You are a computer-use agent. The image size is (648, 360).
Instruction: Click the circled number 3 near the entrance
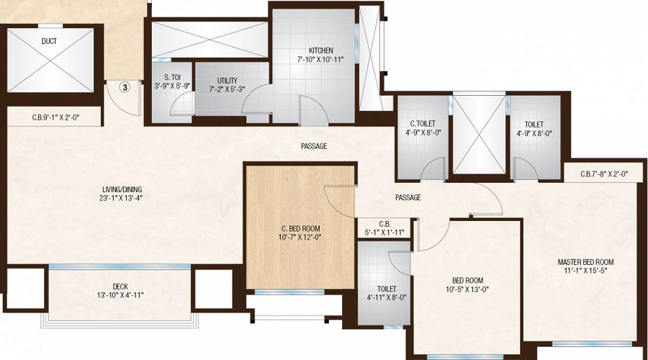coord(125,88)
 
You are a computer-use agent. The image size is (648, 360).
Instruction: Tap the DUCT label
coord(49,41)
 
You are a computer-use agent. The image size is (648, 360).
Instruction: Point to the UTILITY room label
coord(222,81)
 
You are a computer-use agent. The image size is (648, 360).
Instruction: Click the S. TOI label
coord(171,77)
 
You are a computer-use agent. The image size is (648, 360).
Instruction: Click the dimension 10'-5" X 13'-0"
coord(468,289)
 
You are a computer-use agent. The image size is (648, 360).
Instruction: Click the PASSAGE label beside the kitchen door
coord(314,146)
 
